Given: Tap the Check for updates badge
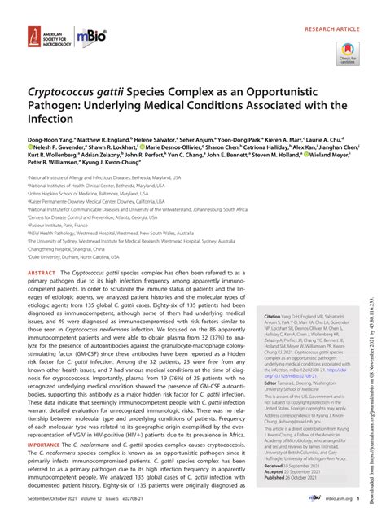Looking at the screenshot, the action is click(349, 54).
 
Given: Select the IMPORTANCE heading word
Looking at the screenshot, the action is click(46, 446).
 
